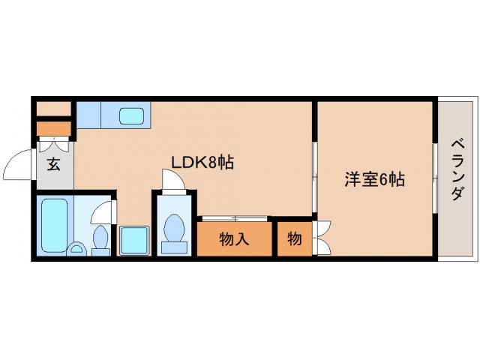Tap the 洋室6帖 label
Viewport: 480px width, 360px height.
[x=375, y=180]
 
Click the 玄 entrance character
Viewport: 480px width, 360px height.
[x=54, y=164]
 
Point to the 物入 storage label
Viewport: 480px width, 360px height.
[x=234, y=239]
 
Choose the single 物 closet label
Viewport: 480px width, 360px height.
[x=295, y=239]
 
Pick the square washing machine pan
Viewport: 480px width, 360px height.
[x=135, y=240]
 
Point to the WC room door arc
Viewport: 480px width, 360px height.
[x=171, y=181]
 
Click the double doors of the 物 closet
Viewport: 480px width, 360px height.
[x=322, y=238]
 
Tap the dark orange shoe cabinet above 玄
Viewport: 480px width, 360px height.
[x=54, y=127]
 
